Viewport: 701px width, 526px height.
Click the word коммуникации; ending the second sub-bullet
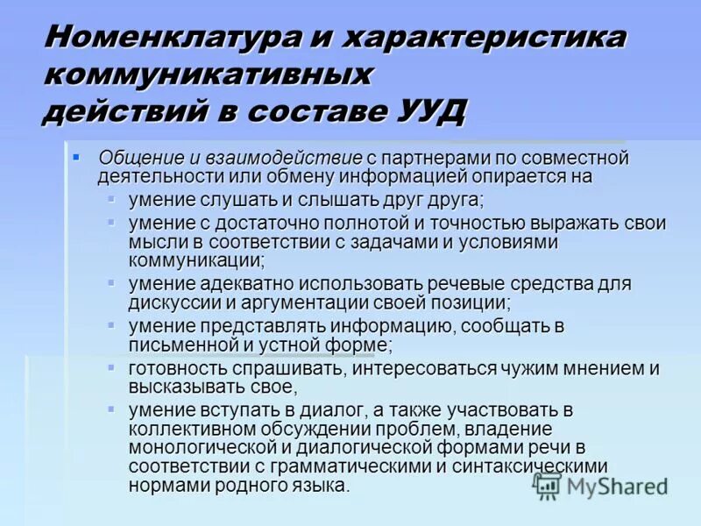pos(196,260)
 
